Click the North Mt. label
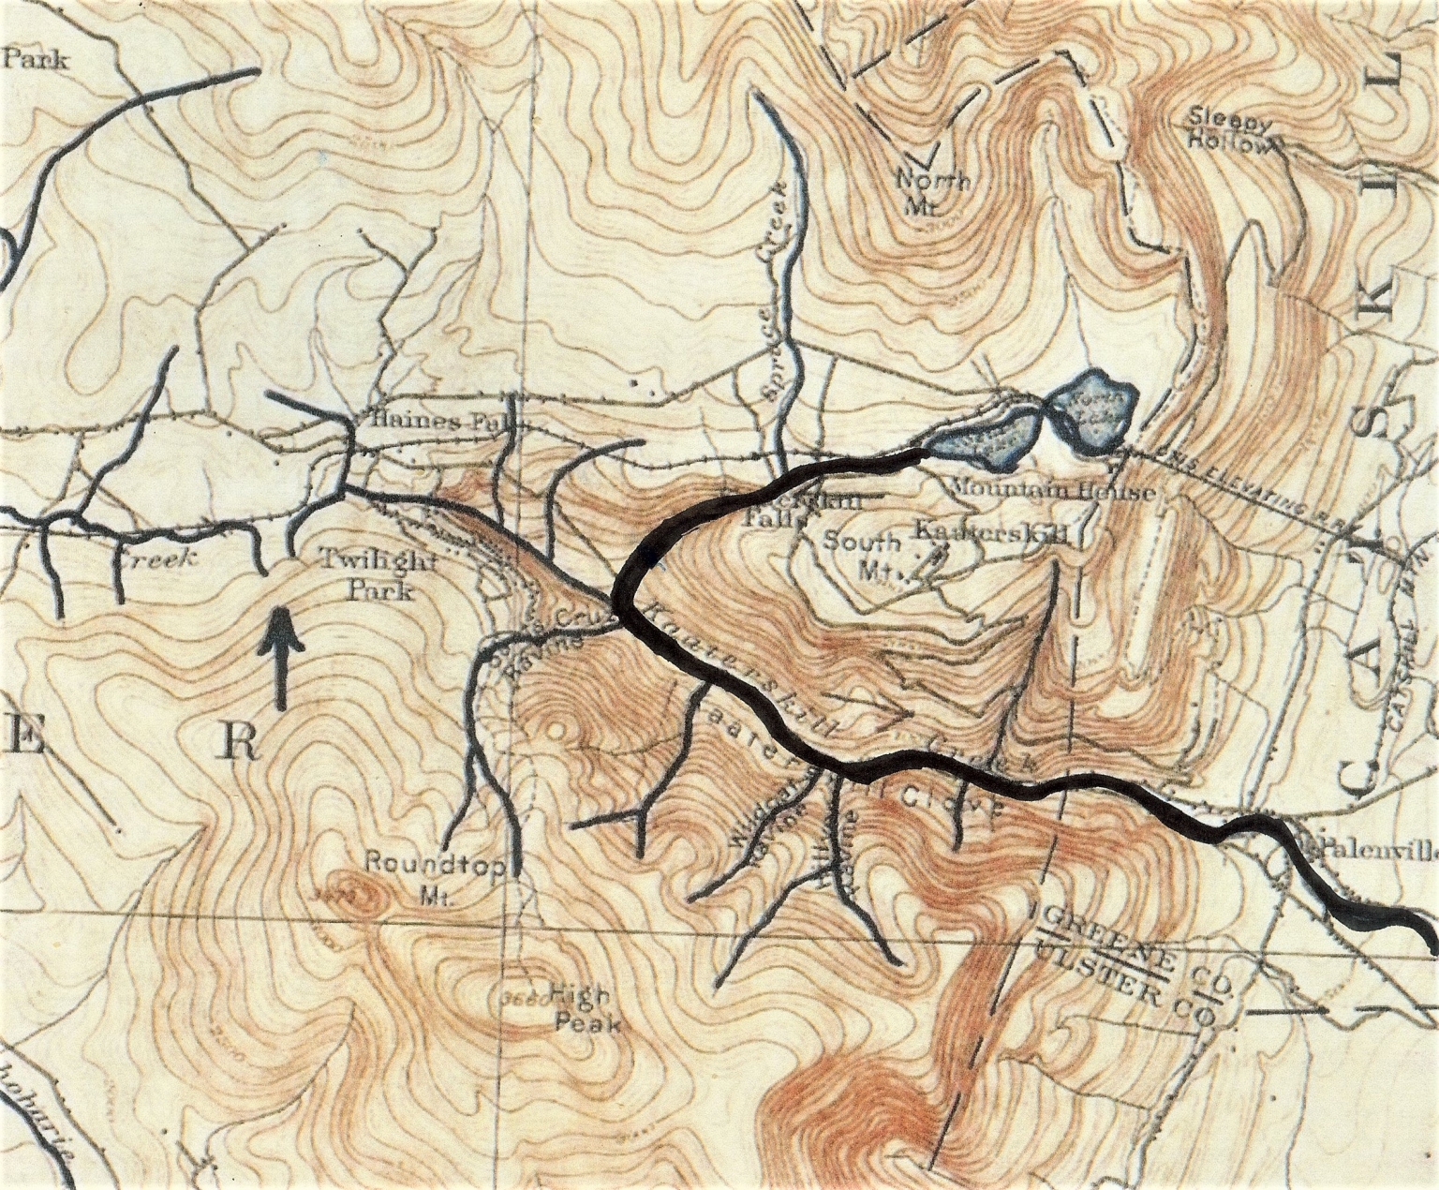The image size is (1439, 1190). (932, 190)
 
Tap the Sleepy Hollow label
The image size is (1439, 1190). (1231, 132)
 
